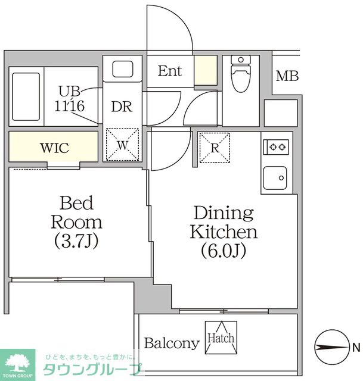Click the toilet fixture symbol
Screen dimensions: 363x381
click(x=241, y=73)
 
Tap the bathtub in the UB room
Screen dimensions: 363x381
click(x=26, y=96)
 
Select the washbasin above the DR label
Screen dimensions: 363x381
click(x=123, y=69)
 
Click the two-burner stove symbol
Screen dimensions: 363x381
click(x=276, y=147)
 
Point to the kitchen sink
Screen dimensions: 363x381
click(x=275, y=178)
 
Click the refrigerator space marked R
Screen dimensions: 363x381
click(x=215, y=148)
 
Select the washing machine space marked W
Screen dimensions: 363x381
click(x=122, y=145)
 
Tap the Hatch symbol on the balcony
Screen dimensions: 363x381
click(x=221, y=338)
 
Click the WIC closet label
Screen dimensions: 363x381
click(x=54, y=148)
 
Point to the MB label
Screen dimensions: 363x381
click(x=287, y=76)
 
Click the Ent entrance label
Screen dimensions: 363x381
click(x=170, y=71)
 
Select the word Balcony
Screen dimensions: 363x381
click(x=172, y=343)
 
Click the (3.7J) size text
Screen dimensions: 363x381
click(x=76, y=241)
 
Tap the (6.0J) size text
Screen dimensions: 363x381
click(x=224, y=250)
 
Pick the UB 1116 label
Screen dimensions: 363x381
click(x=70, y=99)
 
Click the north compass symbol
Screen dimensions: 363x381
click(x=331, y=347)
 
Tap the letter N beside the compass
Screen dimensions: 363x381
click(x=356, y=348)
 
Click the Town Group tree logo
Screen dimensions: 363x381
click(x=17, y=365)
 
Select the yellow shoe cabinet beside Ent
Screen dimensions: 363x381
click(x=206, y=70)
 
